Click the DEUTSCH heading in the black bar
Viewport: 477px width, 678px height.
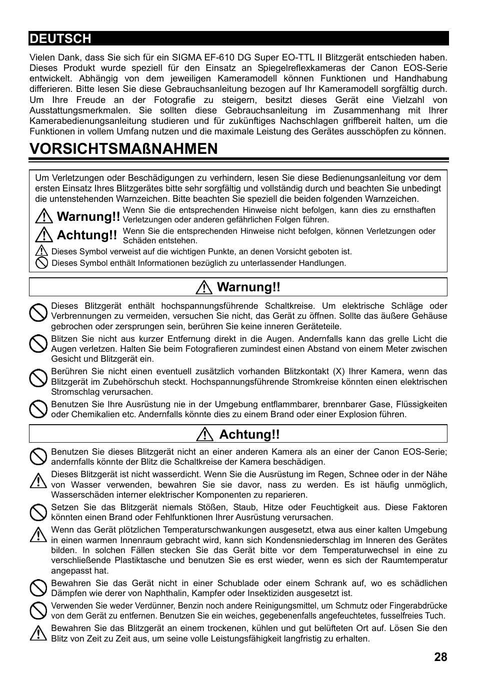click(60, 38)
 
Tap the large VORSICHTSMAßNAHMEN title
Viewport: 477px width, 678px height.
click(123, 148)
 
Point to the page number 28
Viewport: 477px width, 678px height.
click(440, 657)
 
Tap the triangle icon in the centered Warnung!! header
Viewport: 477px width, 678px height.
click(204, 287)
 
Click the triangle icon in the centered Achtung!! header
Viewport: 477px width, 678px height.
click(205, 435)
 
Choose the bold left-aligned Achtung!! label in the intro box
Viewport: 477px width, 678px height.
click(86, 235)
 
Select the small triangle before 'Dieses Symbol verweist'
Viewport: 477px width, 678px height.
click(42, 251)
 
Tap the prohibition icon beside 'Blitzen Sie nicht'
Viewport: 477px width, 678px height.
click(38, 344)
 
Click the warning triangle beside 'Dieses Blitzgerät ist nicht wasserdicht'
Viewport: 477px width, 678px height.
click(38, 480)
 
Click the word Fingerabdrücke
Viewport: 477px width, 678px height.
click(417, 606)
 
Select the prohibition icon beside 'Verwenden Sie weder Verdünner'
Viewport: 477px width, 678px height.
click(38, 611)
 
